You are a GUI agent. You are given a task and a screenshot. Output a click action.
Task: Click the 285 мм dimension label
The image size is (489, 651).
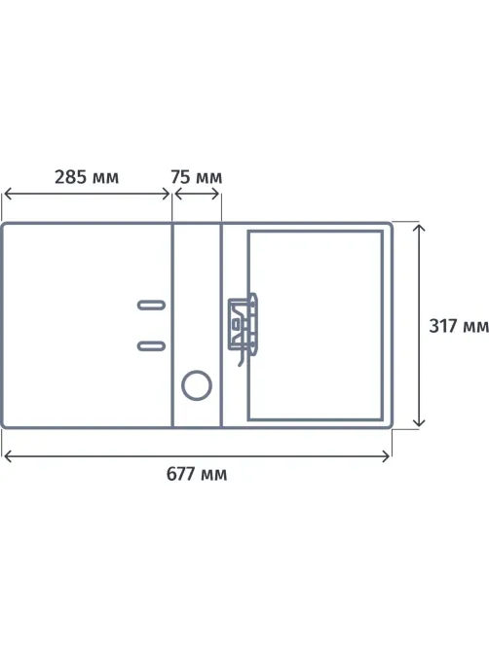pyautogui.click(x=87, y=177)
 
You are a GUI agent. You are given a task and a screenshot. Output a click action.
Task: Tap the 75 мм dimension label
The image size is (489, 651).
pyautogui.click(x=196, y=177)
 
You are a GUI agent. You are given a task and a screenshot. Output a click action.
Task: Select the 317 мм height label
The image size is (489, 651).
pyautogui.click(x=459, y=326)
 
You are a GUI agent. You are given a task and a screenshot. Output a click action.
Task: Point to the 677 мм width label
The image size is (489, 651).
pyautogui.click(x=197, y=474)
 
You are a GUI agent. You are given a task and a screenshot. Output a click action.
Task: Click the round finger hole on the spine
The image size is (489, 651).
pyautogui.click(x=197, y=385)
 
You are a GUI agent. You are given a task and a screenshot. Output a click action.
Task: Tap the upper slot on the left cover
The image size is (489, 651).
pyautogui.click(x=151, y=306)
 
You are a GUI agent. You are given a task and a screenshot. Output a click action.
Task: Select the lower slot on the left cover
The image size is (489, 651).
pyautogui.click(x=151, y=345)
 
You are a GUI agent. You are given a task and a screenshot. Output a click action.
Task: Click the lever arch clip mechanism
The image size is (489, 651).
pyautogui.click(x=244, y=325)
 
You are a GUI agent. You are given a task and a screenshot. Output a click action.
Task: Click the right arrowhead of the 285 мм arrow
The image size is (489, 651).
pyautogui.click(x=167, y=194)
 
